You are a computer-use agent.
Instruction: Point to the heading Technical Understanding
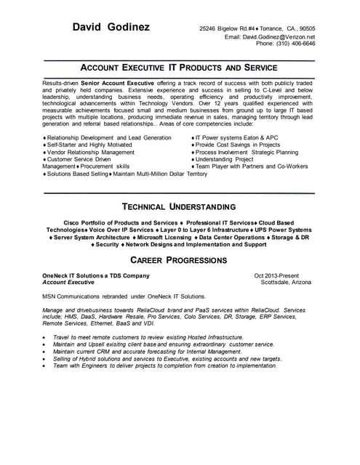point(179,206)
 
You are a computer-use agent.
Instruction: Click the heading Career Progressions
point(179,260)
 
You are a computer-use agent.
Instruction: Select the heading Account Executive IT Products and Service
point(179,67)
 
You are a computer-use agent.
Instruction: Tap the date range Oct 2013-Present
point(276,276)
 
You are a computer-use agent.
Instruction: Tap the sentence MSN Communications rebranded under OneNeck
point(124,296)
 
